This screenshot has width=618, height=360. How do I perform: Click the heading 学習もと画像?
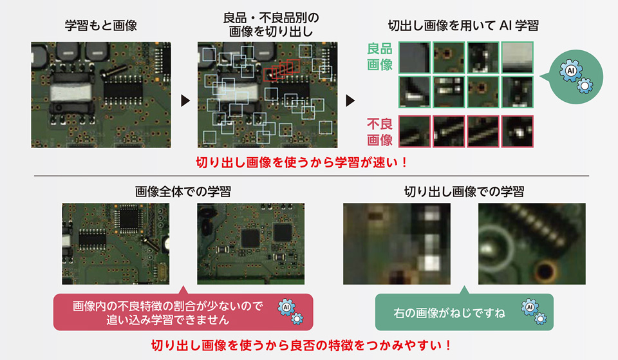[101, 26]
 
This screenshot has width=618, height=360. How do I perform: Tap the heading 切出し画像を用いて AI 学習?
[463, 26]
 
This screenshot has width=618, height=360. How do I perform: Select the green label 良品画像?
[380, 57]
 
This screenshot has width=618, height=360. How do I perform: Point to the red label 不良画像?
[380, 132]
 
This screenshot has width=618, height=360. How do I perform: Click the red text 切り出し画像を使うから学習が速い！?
[302, 162]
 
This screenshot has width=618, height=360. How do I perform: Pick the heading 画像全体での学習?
[183, 192]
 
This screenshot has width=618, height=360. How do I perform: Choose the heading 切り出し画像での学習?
[464, 192]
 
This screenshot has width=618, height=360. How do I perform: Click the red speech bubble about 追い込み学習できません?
[183, 312]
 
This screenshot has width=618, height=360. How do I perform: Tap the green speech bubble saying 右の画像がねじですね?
[464, 312]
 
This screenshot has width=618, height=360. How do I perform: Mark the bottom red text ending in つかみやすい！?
[302, 345]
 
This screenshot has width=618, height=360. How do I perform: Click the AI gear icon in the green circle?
[576, 76]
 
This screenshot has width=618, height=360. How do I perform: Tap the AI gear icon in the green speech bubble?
[534, 312]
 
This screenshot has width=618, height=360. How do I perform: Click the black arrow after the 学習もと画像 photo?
[185, 100]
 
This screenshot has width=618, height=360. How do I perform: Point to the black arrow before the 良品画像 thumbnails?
[350, 100]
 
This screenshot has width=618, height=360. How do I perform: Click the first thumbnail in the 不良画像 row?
[414, 131]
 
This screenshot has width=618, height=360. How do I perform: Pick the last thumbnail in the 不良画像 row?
[517, 131]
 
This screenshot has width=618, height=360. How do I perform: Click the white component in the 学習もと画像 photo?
[71, 93]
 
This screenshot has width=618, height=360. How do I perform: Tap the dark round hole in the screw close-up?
[545, 270]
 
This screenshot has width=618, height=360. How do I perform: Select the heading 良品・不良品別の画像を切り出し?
[271, 24]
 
